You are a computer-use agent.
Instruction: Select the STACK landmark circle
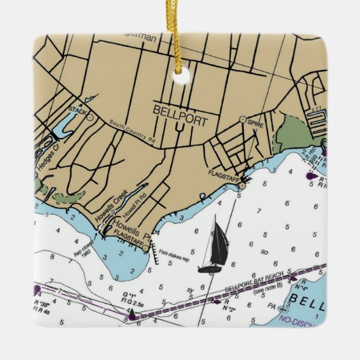[90, 116]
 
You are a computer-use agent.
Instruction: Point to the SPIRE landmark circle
[242, 120]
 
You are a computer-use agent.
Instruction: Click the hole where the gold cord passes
[181, 75]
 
